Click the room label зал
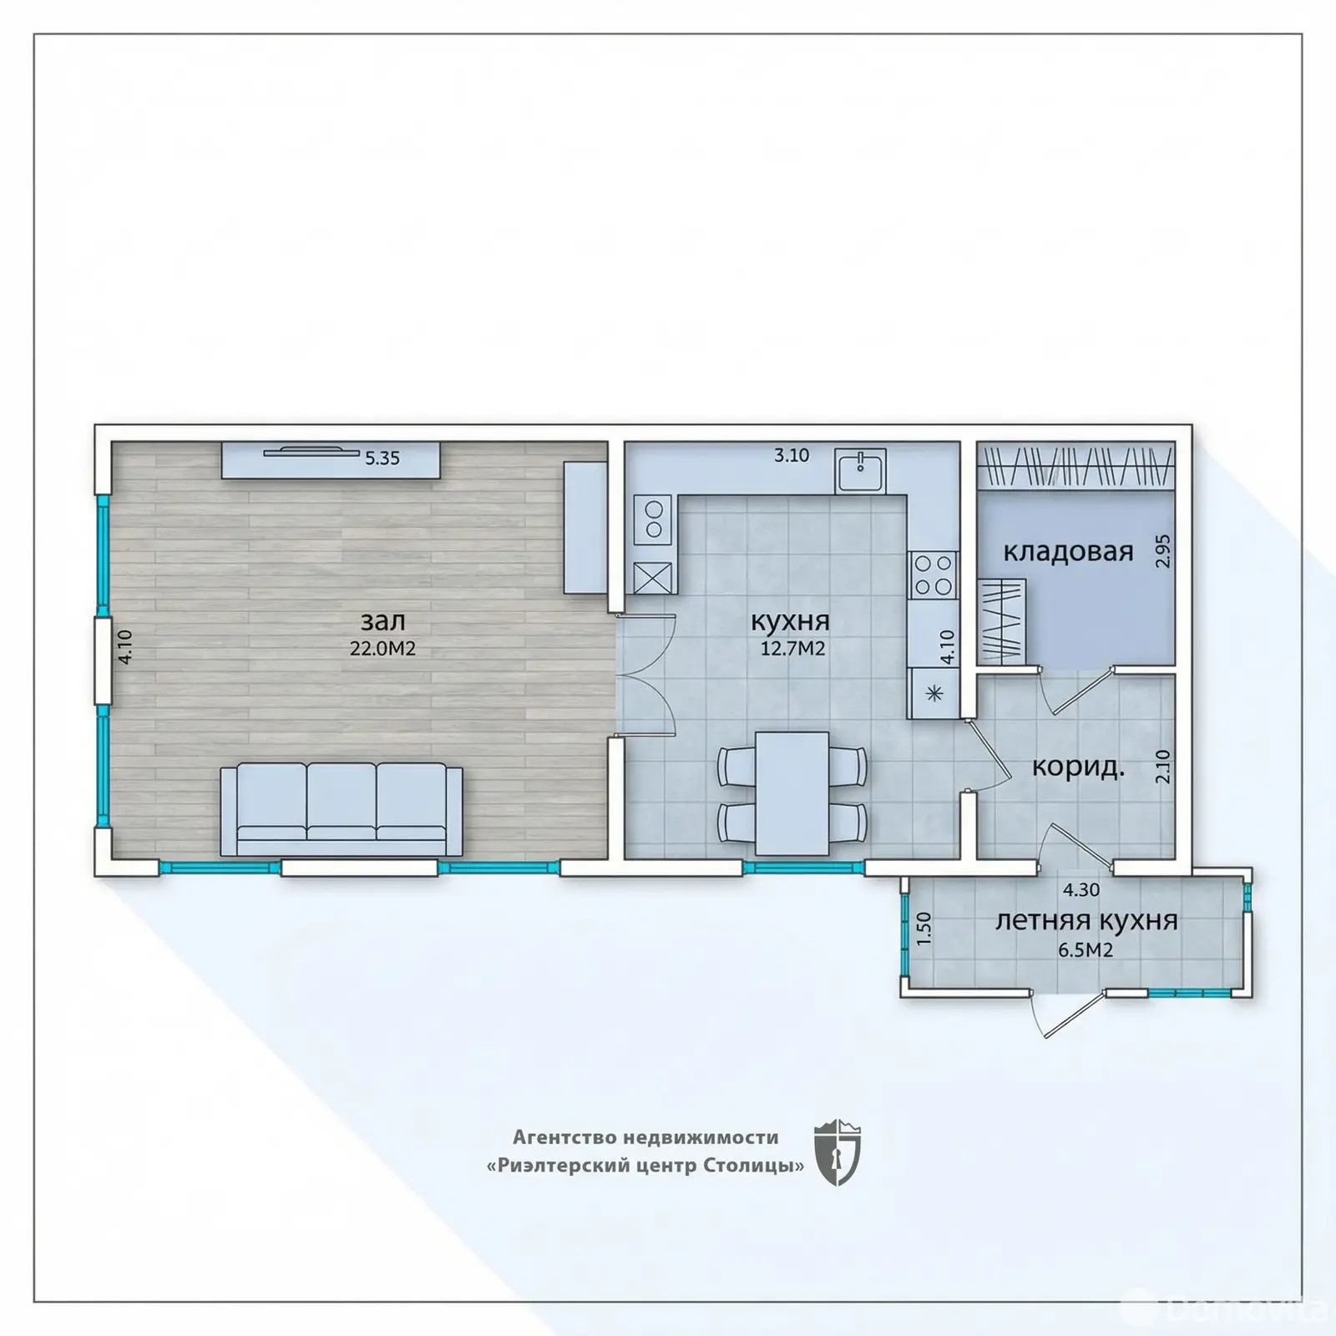[x=383, y=621]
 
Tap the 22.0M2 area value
[x=383, y=649]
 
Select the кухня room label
[x=790, y=622]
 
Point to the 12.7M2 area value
[x=792, y=649]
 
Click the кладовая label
[x=1068, y=552]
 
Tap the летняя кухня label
[x=1086, y=920]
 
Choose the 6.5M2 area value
[x=1085, y=949]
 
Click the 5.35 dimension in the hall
[x=382, y=458]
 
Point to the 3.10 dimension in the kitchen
[x=792, y=456]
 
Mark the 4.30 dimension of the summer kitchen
[x=1081, y=890]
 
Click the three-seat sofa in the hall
[x=342, y=809]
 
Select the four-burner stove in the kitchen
[x=934, y=575]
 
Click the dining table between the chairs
[x=792, y=793]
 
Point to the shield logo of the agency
[x=837, y=1151]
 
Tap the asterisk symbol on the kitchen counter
[x=934, y=692]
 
